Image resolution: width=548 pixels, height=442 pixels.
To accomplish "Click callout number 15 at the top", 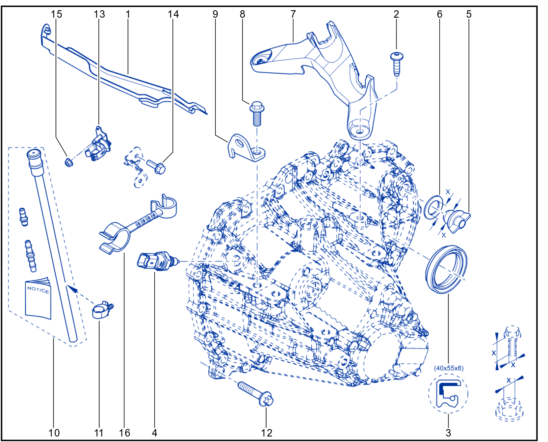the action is [56, 14].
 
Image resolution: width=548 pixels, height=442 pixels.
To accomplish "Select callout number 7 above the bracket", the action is [293, 14].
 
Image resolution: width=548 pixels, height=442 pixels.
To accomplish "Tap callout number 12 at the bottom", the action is [267, 433].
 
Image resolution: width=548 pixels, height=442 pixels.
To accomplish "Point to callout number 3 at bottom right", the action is [448, 433].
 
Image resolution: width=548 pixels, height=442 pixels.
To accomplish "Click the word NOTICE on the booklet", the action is [38, 289].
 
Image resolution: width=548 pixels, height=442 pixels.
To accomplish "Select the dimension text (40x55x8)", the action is [449, 368].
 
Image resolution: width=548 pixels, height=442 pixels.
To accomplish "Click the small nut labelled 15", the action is [68, 162].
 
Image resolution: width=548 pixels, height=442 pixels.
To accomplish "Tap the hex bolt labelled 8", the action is [257, 114].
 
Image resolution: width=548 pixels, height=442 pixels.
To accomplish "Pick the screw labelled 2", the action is [397, 63].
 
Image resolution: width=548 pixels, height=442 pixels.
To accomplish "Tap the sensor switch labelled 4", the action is [157, 262].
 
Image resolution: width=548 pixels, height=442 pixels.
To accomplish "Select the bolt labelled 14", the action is [156, 167].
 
